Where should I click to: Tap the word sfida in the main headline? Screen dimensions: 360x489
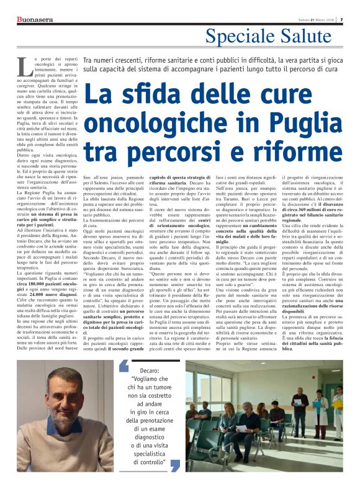click(140, 94)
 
